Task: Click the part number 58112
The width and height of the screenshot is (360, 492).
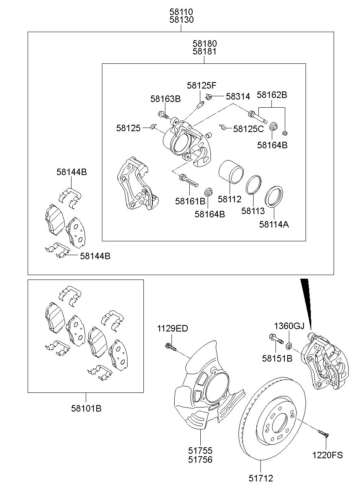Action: click(229, 199)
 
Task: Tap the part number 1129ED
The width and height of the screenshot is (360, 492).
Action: click(173, 329)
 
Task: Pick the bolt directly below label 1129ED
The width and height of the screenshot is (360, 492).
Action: click(170, 347)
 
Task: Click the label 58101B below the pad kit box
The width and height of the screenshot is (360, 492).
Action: click(86, 408)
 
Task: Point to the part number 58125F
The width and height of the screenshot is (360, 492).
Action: click(202, 85)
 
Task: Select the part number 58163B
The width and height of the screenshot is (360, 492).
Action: click(165, 99)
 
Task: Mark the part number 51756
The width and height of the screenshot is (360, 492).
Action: click(200, 459)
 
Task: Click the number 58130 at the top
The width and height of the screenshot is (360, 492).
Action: click(181, 20)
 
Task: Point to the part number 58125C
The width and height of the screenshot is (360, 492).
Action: click(248, 129)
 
